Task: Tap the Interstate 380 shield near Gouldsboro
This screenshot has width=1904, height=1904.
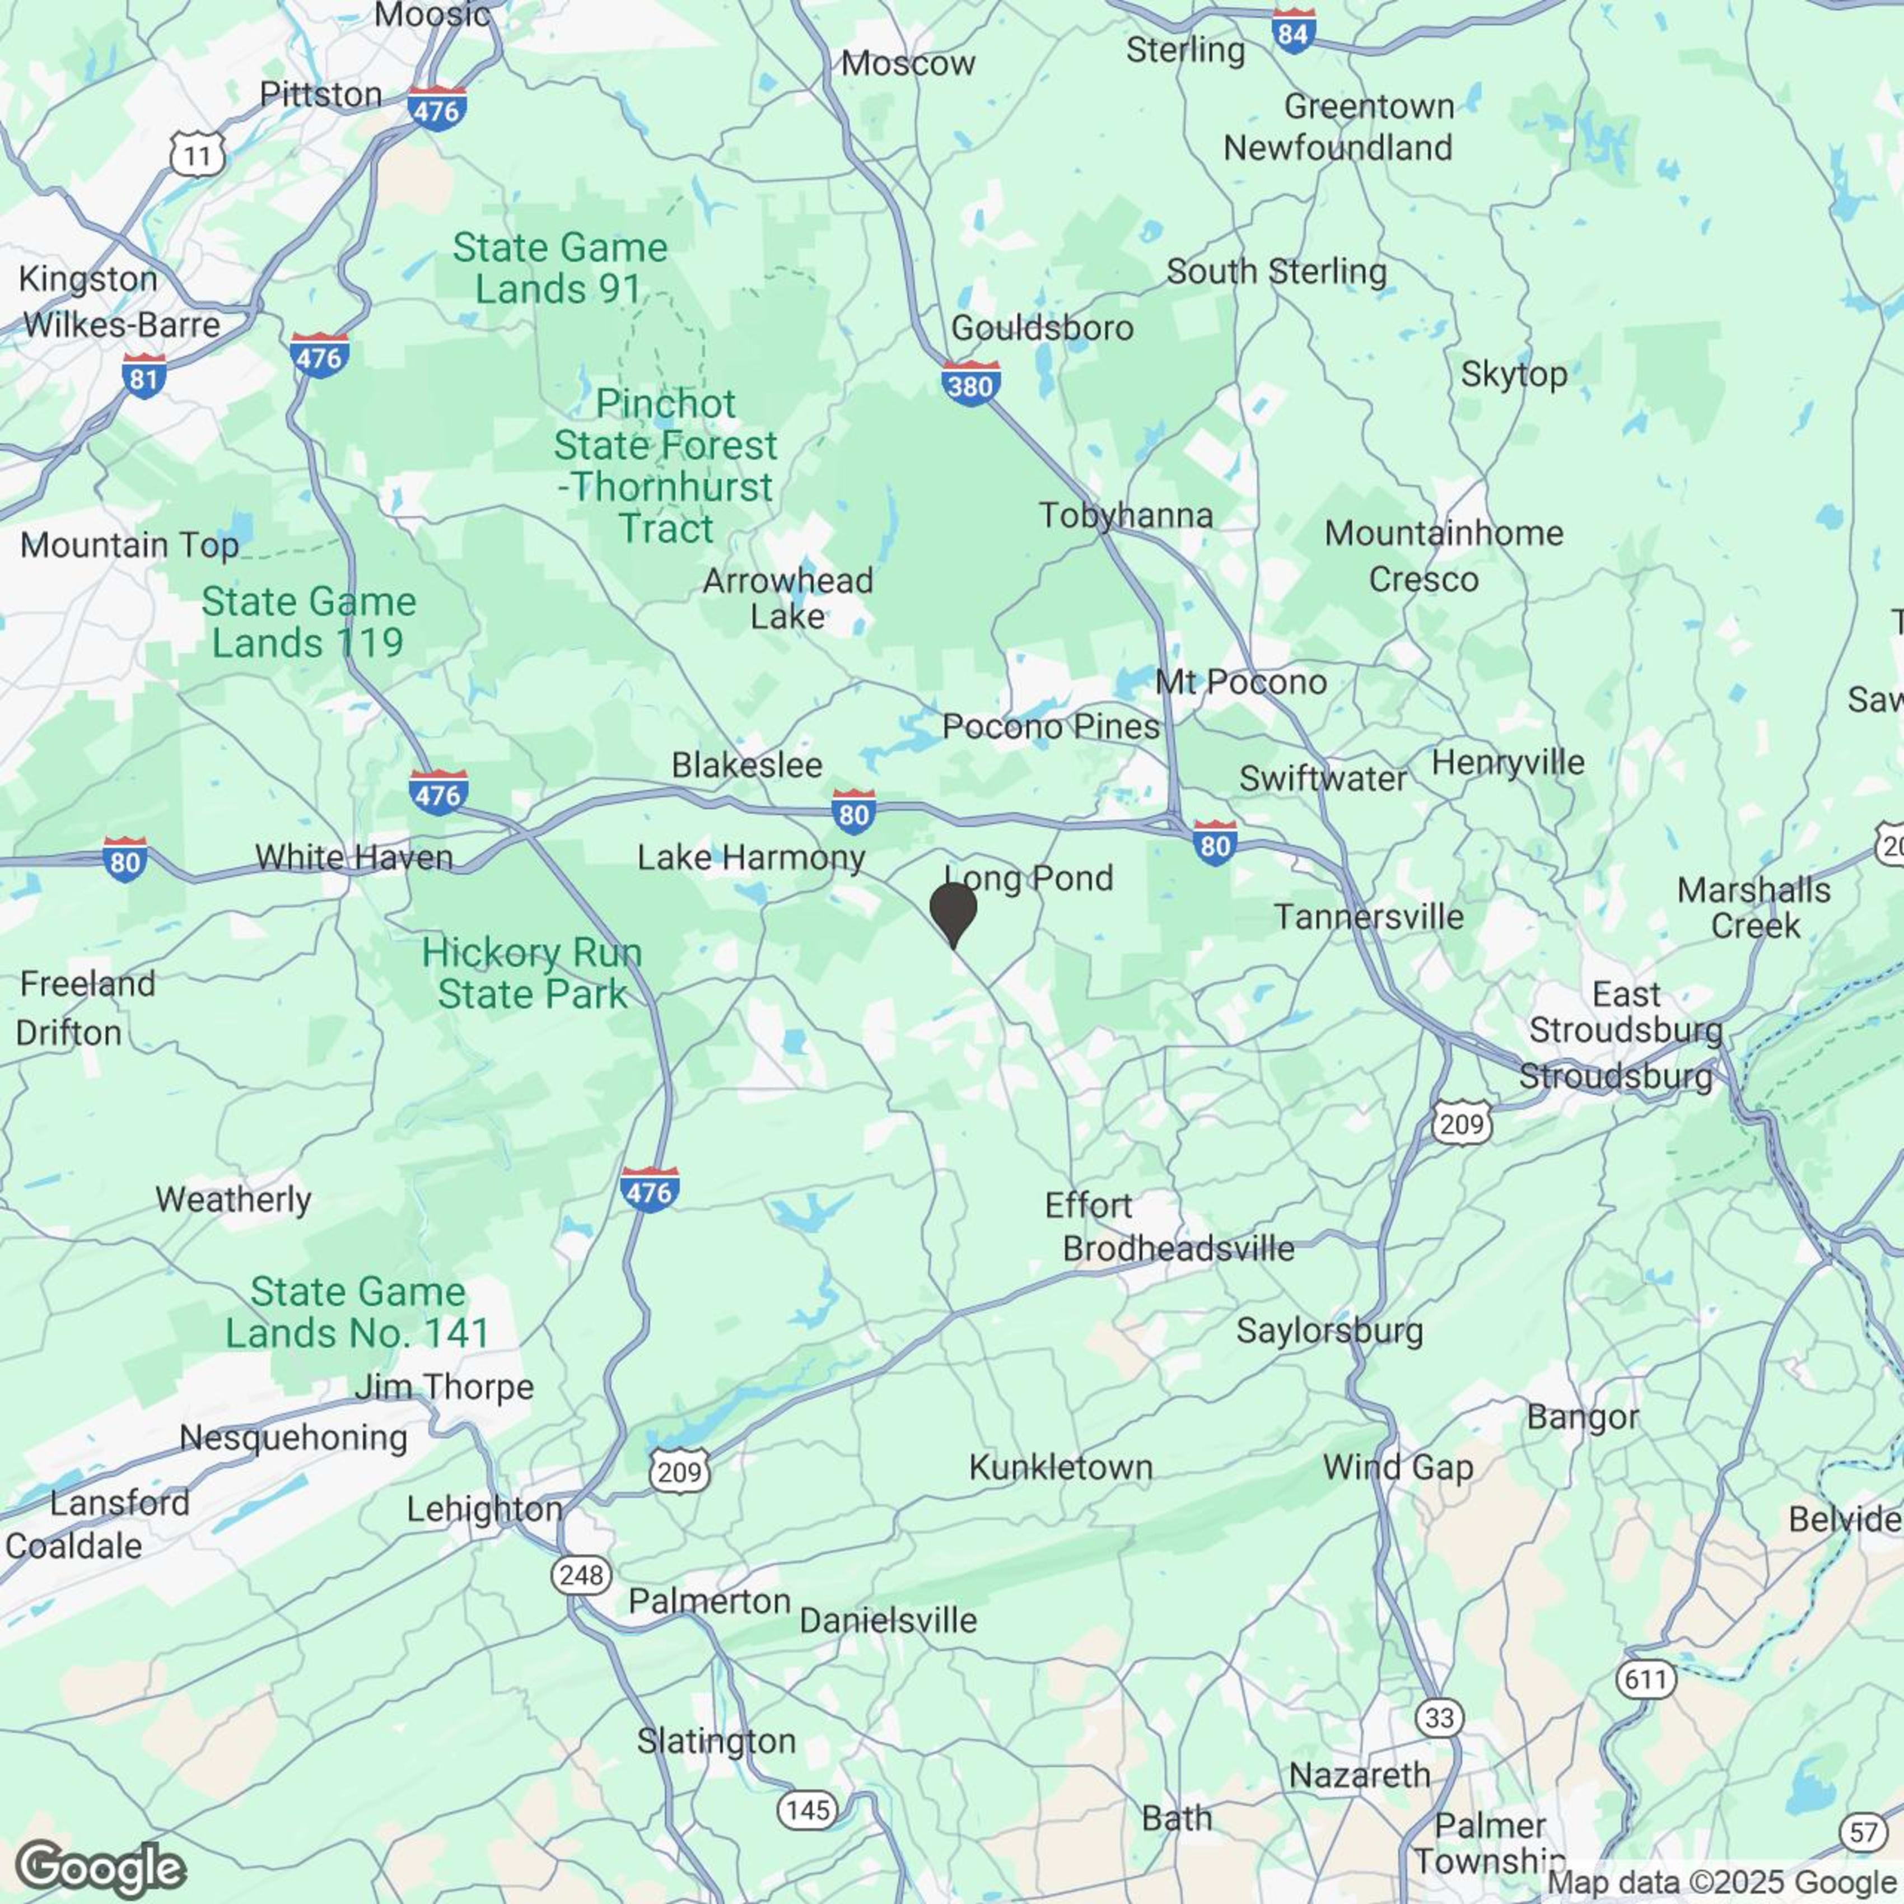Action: click(x=970, y=384)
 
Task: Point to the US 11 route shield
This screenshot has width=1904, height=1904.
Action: click(x=197, y=155)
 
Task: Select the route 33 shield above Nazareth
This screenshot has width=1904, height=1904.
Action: click(x=1439, y=1718)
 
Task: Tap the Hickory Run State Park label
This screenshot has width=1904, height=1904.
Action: click(x=532, y=974)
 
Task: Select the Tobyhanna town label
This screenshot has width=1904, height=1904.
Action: click(x=1126, y=515)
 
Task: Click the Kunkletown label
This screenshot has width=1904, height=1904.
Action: click(x=1061, y=1467)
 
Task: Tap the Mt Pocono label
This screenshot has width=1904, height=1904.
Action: click(x=1241, y=682)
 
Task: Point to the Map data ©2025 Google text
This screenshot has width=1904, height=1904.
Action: click(x=1723, y=1882)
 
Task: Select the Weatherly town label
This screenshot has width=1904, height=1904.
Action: click(x=234, y=1200)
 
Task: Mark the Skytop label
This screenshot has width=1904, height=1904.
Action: click(x=1514, y=375)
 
